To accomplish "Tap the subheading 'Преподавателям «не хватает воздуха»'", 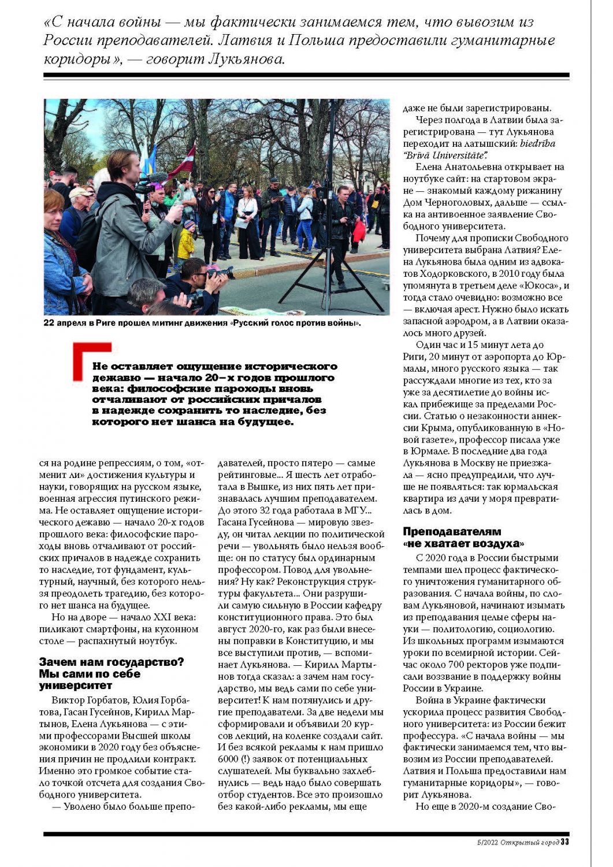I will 463,538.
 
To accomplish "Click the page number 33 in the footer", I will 564,842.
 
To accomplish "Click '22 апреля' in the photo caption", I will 65,323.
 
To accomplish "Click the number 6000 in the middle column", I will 229,759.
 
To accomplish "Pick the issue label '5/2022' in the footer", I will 488,842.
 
